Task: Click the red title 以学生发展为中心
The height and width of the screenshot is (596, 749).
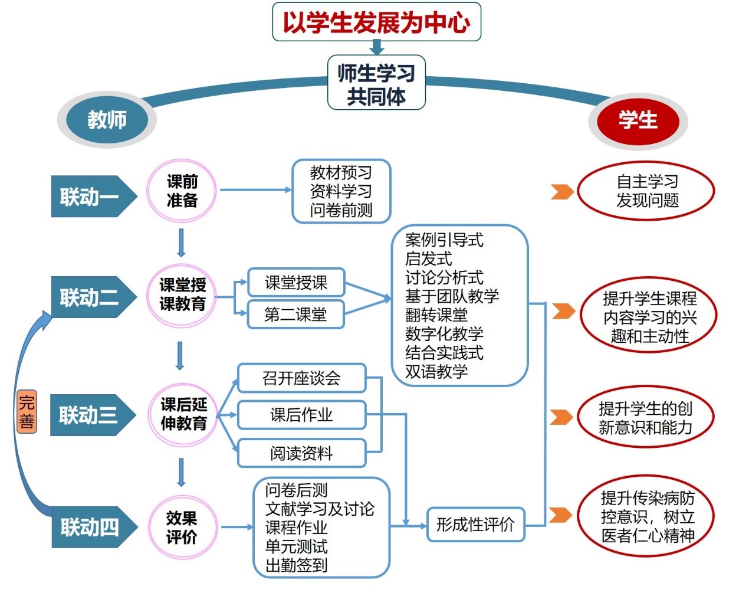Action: [x=377, y=23]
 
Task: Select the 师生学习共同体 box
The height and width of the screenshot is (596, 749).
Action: [x=377, y=83]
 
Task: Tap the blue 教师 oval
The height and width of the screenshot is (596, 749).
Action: [x=107, y=120]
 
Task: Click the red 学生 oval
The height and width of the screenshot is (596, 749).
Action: [x=638, y=121]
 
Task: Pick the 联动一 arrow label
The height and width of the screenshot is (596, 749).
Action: [x=94, y=197]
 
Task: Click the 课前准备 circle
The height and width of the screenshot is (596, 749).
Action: [x=182, y=191]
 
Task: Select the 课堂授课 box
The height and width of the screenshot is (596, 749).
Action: [x=296, y=282]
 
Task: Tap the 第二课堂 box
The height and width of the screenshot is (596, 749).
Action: [x=296, y=315]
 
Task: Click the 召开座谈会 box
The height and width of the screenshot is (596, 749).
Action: [x=302, y=378]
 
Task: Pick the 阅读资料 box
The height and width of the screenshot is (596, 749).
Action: [x=302, y=453]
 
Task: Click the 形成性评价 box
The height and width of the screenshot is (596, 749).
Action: [x=476, y=524]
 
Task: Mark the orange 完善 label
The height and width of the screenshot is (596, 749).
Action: [x=27, y=412]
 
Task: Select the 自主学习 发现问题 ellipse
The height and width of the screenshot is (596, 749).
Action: [x=646, y=191]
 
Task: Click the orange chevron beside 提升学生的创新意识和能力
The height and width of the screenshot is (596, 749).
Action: [x=561, y=417]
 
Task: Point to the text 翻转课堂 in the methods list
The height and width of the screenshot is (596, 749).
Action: [x=436, y=315]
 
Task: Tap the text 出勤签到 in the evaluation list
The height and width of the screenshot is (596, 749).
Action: [x=296, y=565]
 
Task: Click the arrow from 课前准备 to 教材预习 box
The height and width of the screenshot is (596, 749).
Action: [x=256, y=190]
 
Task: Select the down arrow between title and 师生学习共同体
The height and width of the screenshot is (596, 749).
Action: [x=377, y=47]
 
